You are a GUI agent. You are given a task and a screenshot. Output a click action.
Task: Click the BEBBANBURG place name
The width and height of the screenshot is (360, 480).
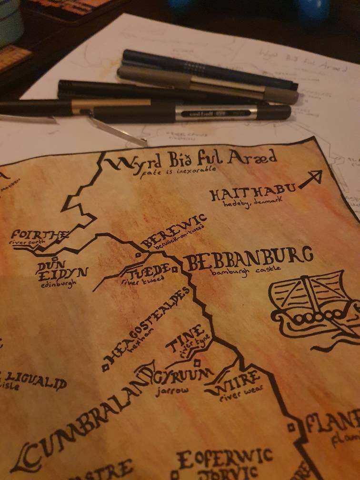[248, 260]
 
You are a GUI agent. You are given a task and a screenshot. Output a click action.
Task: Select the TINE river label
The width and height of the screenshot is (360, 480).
[186, 338]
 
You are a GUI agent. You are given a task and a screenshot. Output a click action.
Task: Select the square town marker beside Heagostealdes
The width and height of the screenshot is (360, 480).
[105, 367]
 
